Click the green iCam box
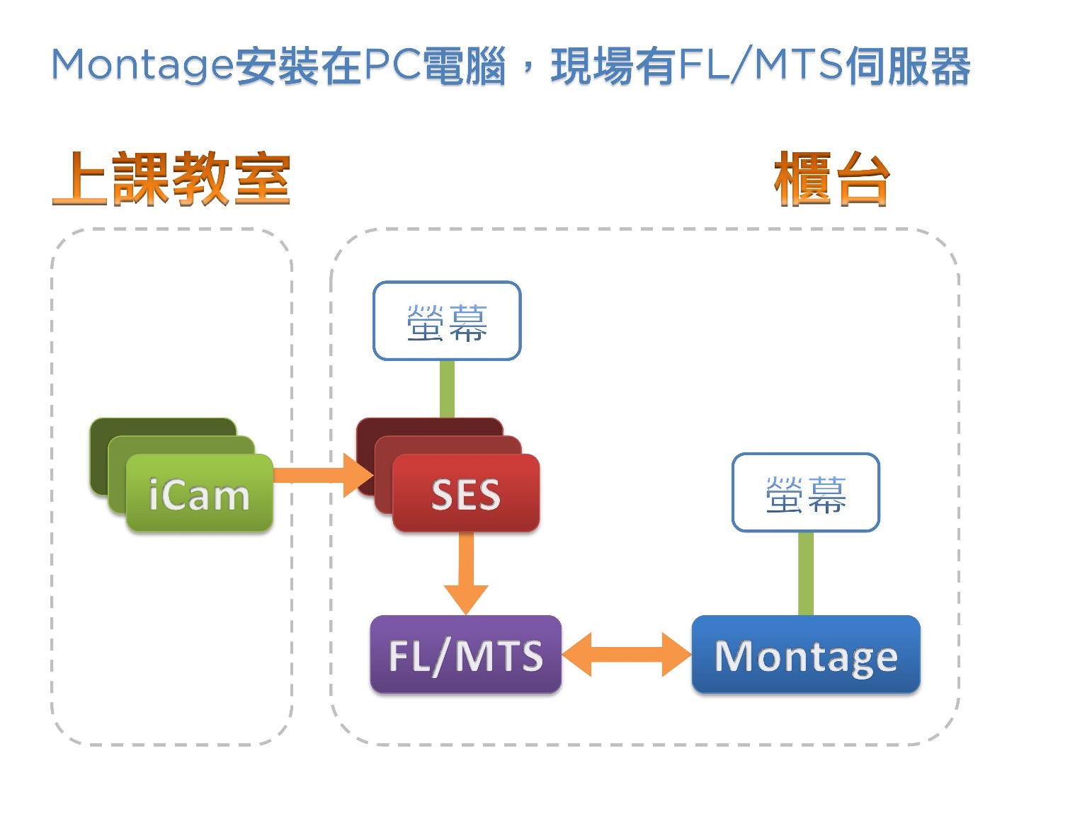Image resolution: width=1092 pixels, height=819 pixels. click(199, 493)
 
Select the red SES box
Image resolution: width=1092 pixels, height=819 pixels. click(466, 493)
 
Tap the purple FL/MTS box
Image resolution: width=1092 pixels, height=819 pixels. click(465, 655)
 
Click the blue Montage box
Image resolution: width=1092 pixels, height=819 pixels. click(806, 655)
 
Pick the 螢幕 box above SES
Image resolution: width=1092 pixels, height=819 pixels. click(447, 321)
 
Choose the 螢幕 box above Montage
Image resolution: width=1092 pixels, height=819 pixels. click(806, 493)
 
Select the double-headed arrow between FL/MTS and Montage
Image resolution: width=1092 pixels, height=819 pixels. click(627, 655)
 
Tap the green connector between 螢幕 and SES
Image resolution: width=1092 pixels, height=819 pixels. click(447, 389)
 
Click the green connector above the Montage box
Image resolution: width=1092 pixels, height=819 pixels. click(806, 573)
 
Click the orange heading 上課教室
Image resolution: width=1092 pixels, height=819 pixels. click(171, 178)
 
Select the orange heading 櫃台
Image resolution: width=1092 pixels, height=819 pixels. click(832, 180)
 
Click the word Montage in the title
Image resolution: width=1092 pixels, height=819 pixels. click(142, 66)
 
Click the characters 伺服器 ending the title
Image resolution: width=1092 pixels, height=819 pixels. click(908, 66)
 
